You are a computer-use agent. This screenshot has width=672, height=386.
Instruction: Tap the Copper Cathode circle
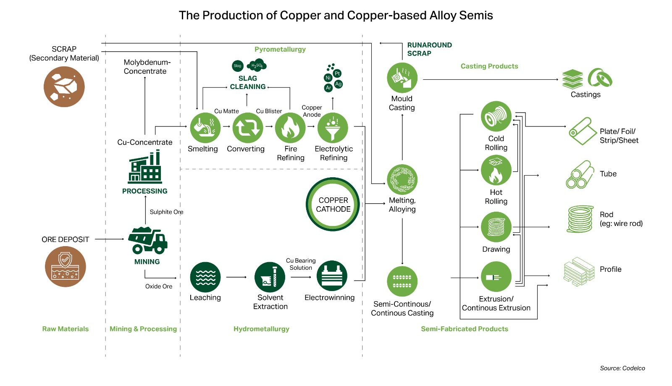[333, 205]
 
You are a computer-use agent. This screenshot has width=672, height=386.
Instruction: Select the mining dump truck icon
[147, 241]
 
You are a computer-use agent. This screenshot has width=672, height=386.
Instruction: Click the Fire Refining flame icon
[290, 128]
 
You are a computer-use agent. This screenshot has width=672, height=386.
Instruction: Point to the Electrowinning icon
[332, 276]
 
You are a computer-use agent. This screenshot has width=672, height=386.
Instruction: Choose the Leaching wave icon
[205, 277]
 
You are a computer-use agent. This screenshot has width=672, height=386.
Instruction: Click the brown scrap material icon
[64, 87]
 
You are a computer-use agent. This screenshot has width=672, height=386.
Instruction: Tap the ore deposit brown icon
[66, 267]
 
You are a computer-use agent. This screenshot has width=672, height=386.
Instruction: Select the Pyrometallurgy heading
[280, 49]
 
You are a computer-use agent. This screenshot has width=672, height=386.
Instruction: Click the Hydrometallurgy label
[261, 329]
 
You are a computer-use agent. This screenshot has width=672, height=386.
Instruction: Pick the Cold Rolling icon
[496, 116]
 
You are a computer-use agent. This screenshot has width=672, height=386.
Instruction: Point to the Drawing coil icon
[496, 227]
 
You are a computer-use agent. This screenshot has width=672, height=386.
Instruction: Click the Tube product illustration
[580, 175]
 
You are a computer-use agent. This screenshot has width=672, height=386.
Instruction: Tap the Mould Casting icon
[402, 78]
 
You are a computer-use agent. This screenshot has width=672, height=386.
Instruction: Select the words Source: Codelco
[622, 368]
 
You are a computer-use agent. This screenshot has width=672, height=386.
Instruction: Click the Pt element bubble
[337, 74]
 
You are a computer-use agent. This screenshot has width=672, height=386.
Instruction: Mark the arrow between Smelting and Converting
[226, 126]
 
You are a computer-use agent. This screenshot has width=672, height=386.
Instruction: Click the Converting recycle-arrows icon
[248, 128]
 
